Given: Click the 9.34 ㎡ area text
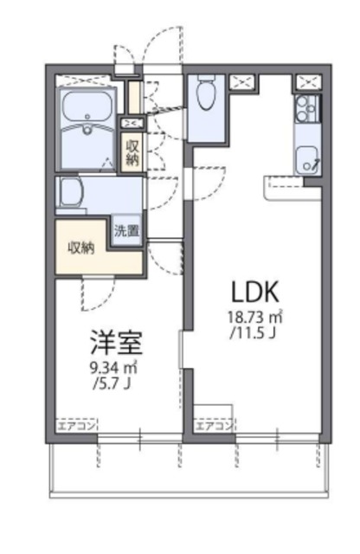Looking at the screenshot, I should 112,368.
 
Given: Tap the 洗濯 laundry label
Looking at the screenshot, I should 128,231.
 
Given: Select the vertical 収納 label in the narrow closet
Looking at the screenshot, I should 132,151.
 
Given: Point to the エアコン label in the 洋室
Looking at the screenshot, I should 77,425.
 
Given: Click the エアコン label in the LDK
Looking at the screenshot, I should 213,425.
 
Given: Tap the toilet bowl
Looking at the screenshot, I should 207,95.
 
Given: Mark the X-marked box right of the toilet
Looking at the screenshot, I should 242,83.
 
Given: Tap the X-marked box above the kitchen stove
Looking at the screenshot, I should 306,82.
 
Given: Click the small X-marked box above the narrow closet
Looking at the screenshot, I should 132,122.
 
